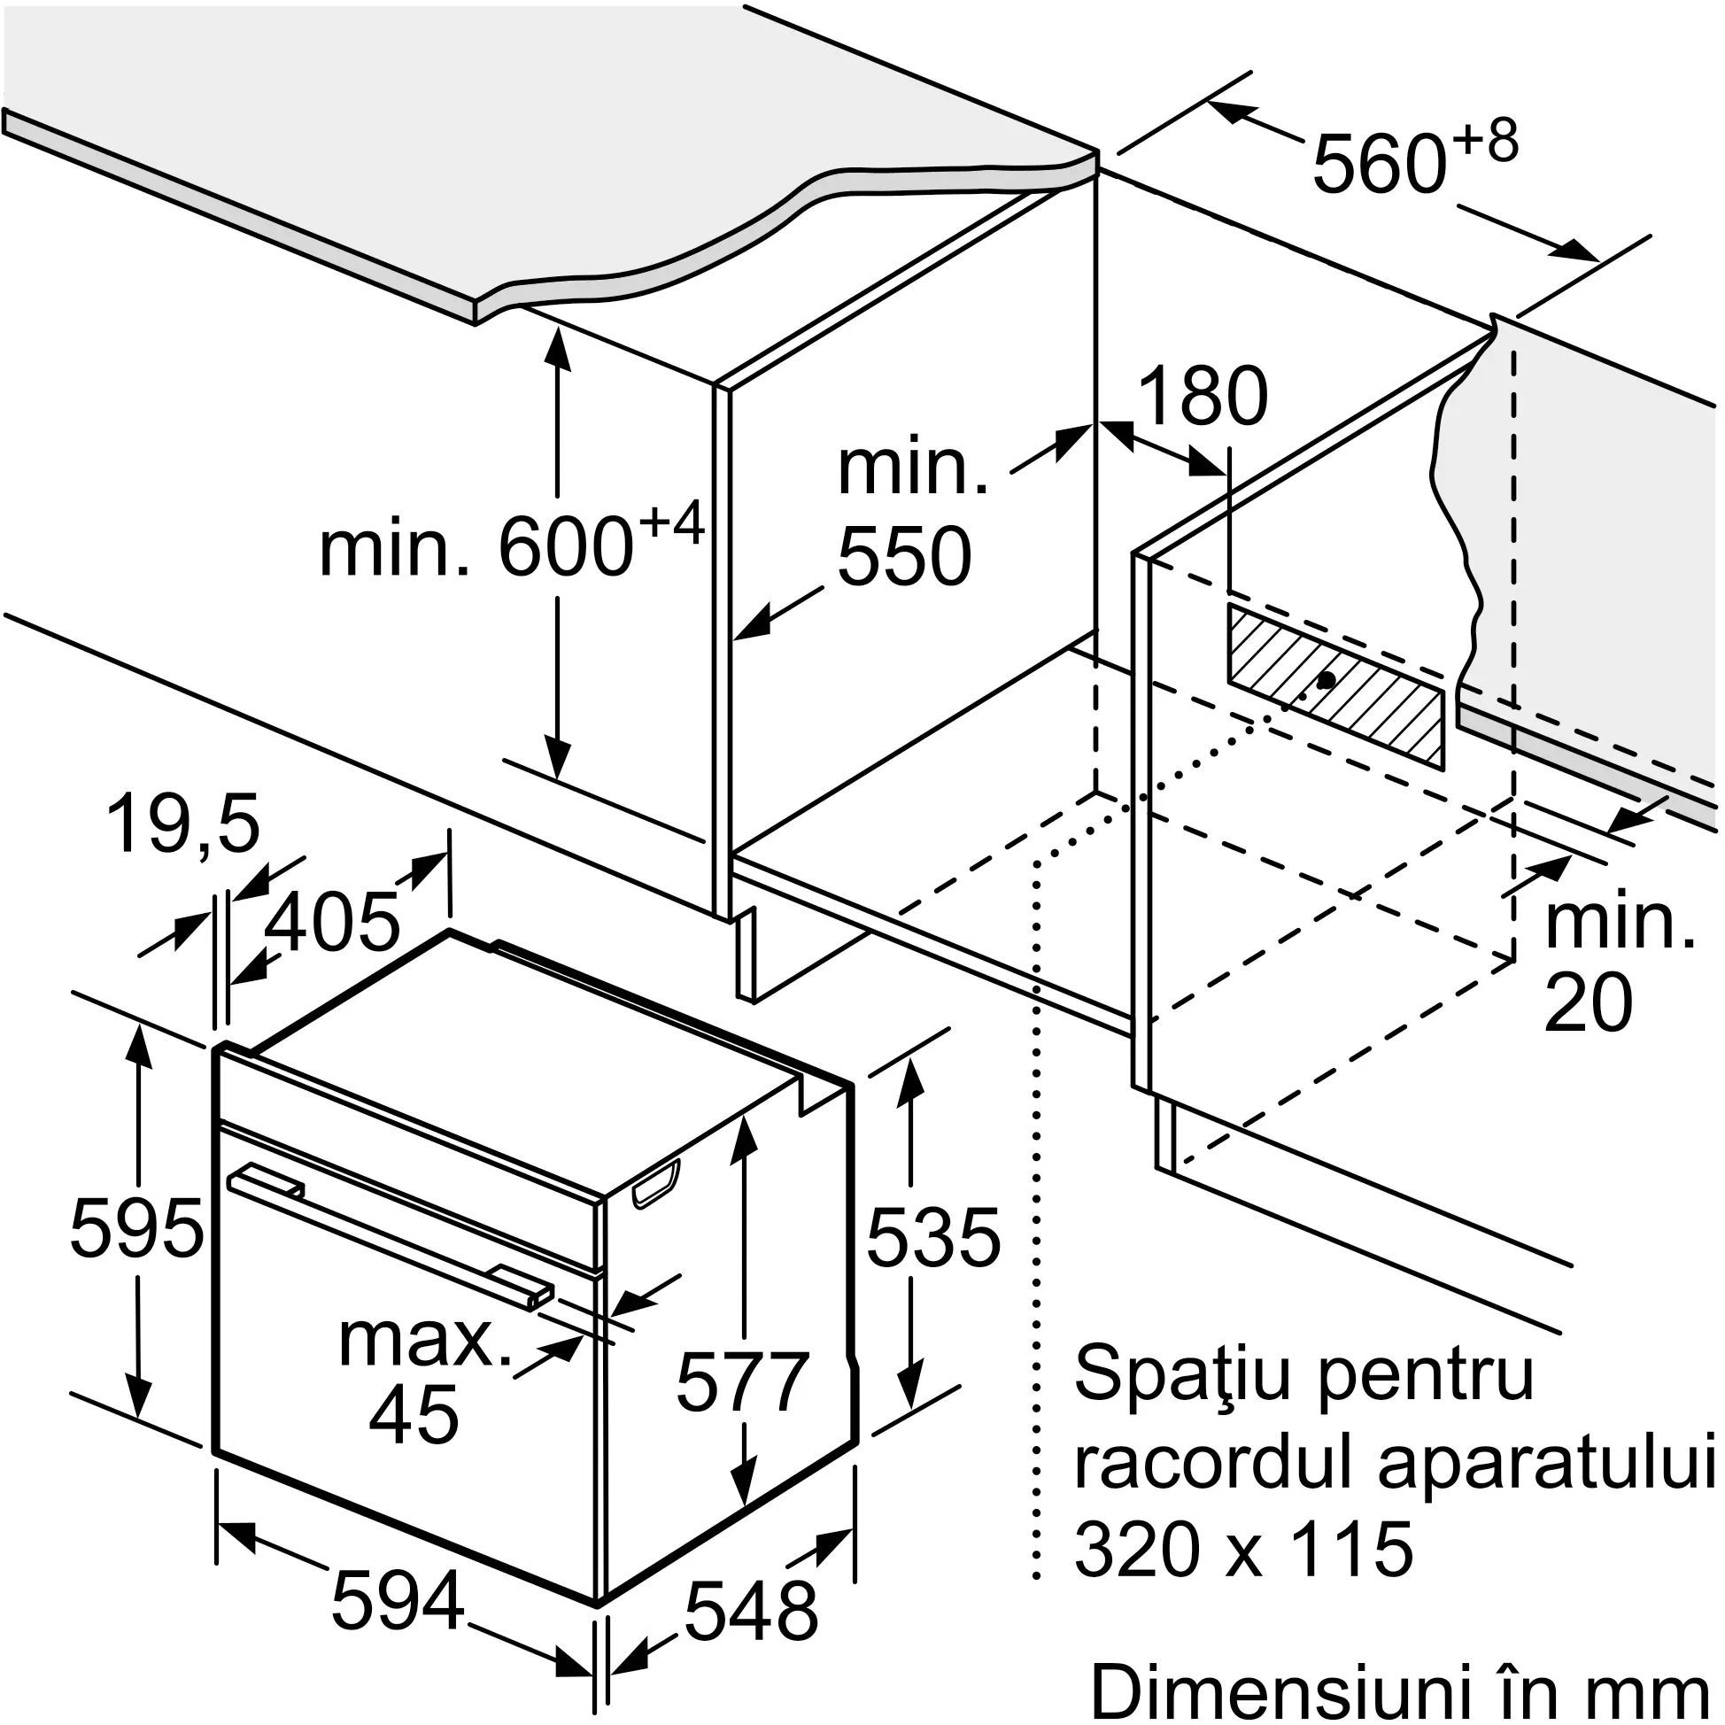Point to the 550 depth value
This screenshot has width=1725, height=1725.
tap(903, 555)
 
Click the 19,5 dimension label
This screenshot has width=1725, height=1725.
tap(182, 824)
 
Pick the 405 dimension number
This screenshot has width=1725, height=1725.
tap(332, 921)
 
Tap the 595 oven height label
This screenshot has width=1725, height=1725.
tap(135, 1228)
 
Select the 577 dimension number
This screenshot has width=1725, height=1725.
tap(742, 1381)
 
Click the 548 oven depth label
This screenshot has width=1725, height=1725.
tap(750, 1610)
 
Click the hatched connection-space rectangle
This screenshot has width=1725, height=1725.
tap(1334, 685)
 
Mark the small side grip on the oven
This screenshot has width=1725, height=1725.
tap(656, 1187)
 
